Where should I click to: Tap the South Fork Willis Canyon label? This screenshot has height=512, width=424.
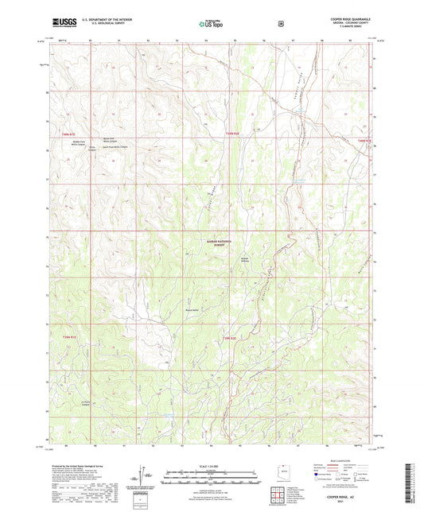click(111, 147)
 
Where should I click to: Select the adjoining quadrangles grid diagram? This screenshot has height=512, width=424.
click(278, 498)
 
